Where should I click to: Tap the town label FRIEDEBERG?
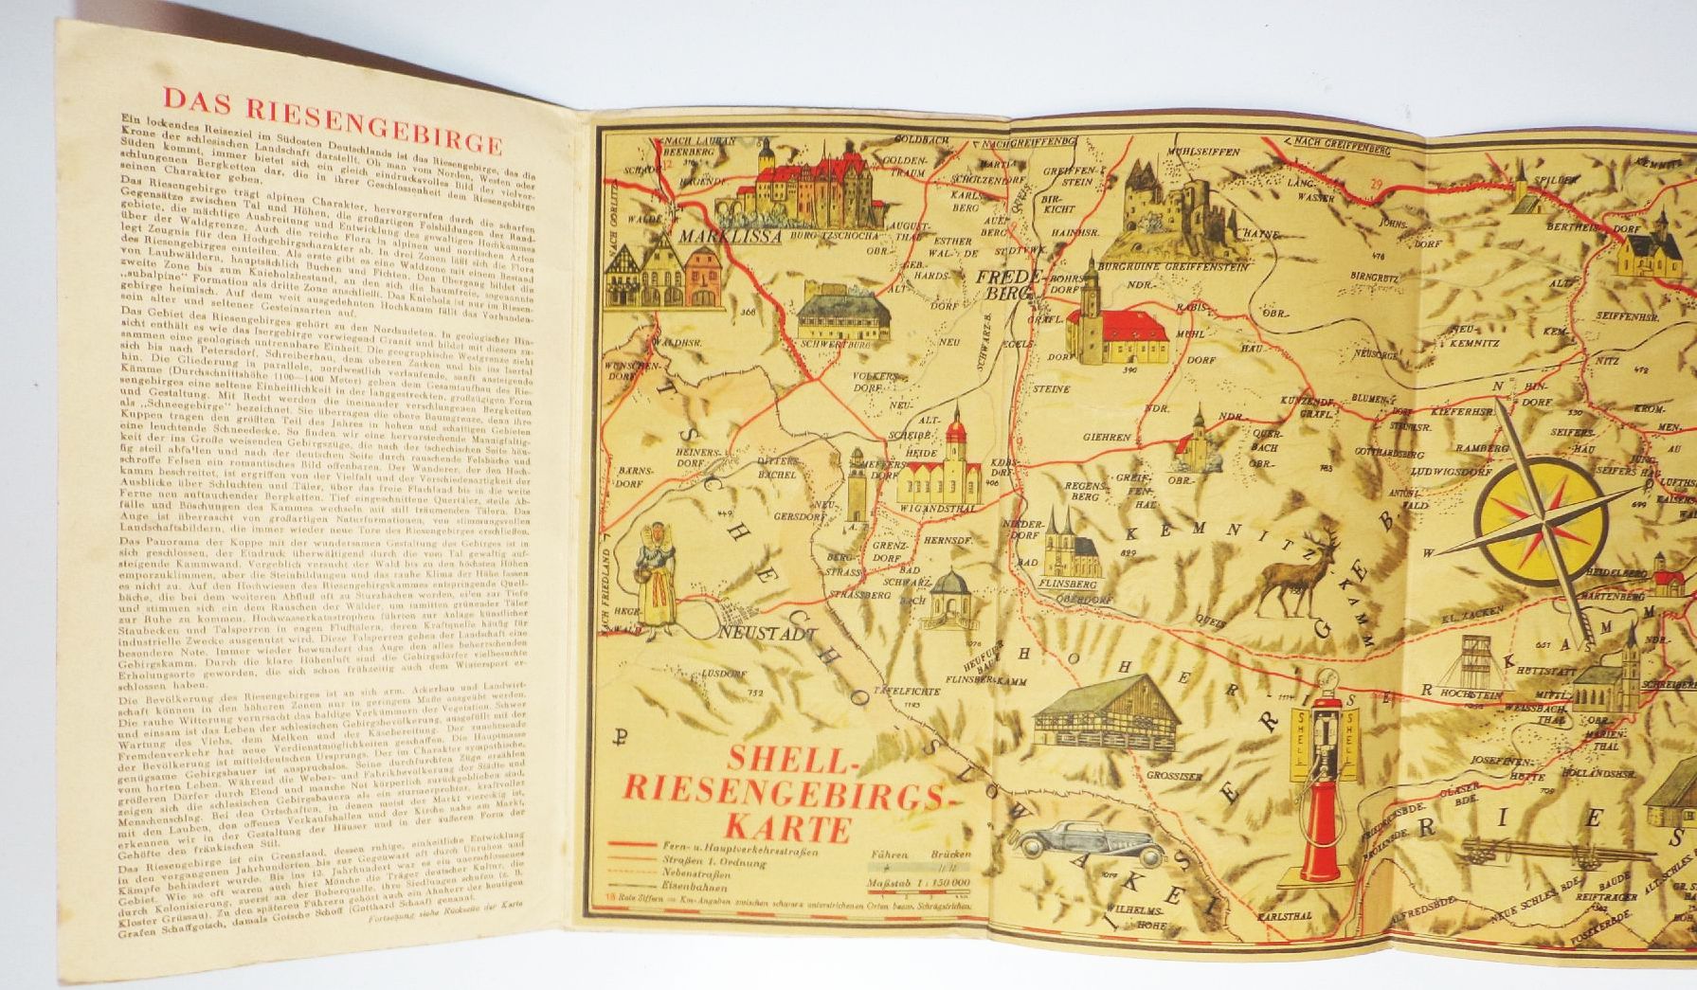click(1004, 288)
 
